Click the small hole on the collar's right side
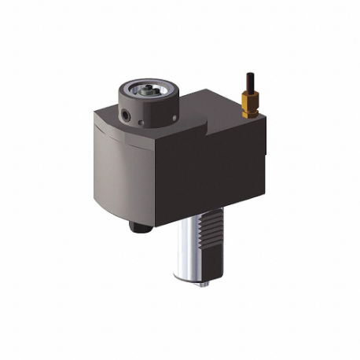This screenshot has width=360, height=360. pyautogui.click(x=173, y=119)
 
